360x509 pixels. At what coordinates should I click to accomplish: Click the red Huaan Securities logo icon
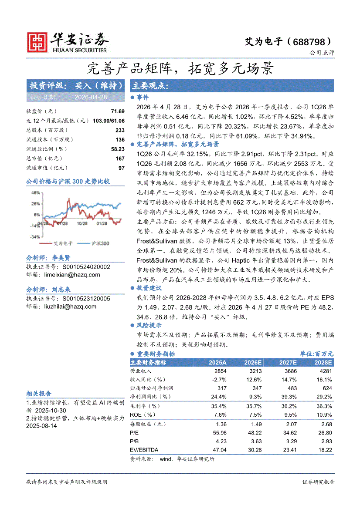[x=37, y=42]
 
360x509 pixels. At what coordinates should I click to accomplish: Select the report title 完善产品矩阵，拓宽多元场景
[x=180, y=68]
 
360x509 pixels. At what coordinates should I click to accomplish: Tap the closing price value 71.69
[x=118, y=111]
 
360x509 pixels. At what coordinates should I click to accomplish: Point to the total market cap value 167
[x=120, y=158]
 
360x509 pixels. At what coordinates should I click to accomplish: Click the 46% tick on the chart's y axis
[x=35, y=192]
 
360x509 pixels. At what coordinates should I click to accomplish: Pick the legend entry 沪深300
[x=101, y=243]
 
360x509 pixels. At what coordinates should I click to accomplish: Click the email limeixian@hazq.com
[x=72, y=275]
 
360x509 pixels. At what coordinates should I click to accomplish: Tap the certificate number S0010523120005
[x=86, y=299]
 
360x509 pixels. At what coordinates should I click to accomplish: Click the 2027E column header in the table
[x=288, y=363]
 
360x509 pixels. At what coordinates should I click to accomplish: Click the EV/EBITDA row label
[x=144, y=449]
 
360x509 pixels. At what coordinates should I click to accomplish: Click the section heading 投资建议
[x=149, y=288]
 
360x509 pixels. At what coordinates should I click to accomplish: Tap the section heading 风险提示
[x=149, y=325]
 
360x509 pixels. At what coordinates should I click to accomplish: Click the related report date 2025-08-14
[x=41, y=425]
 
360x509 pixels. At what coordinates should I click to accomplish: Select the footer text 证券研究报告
[x=318, y=482]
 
